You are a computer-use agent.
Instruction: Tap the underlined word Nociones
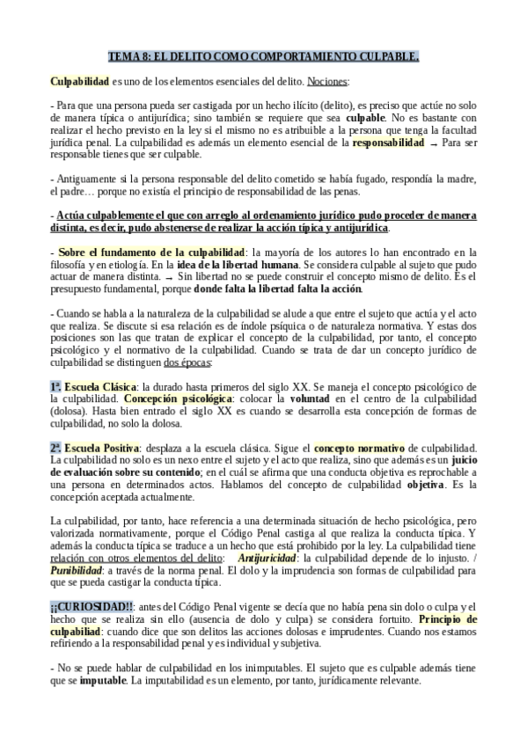327,82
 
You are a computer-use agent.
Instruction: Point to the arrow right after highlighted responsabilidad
432,143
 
